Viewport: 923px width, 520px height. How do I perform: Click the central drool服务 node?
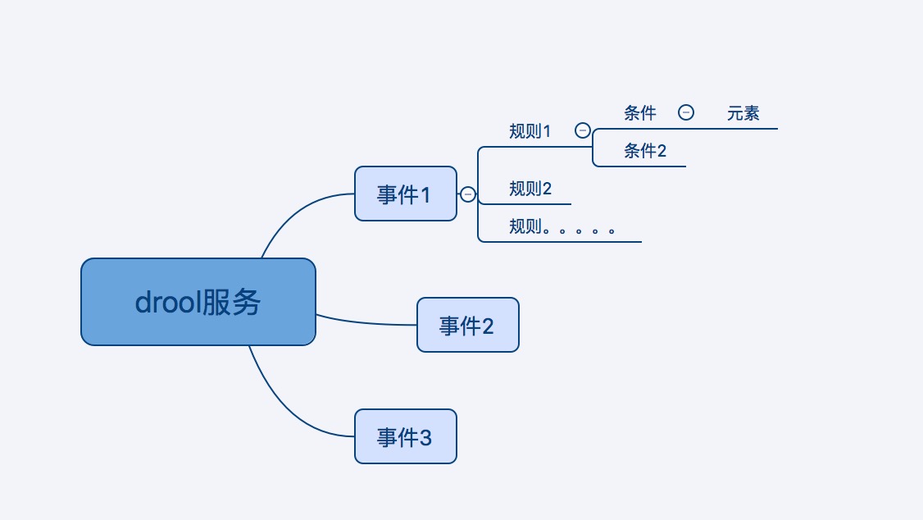coord(198,302)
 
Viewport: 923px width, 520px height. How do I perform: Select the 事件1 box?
coord(405,194)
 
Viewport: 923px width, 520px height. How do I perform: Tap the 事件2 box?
coord(467,325)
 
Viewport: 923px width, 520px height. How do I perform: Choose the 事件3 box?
coord(405,436)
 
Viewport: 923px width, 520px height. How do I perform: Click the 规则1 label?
coord(530,131)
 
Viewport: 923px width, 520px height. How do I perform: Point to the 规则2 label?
coord(530,189)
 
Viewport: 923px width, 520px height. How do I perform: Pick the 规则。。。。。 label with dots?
coord(562,227)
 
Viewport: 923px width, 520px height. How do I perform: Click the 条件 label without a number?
coord(639,113)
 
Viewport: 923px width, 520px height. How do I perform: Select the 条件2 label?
coord(644,151)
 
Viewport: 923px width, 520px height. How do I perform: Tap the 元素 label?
coord(743,114)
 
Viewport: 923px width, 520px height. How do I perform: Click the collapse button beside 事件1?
coord(468,194)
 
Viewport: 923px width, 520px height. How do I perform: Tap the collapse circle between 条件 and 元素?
coord(686,112)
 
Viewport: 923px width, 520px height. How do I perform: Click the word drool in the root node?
coord(166,303)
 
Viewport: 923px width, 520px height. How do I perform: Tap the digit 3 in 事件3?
coord(425,437)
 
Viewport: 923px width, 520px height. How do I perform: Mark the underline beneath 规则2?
coord(525,203)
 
